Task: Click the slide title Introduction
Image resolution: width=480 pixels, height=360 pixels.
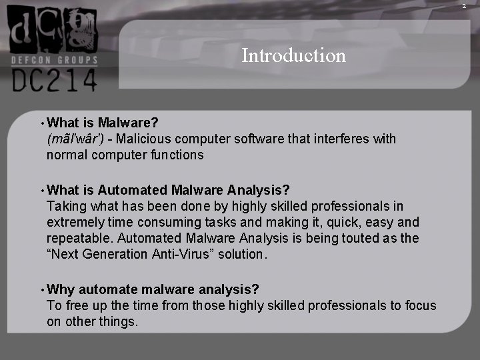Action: [293, 55]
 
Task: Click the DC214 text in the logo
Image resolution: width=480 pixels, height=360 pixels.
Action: [54, 80]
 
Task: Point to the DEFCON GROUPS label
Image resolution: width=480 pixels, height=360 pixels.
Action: [54, 60]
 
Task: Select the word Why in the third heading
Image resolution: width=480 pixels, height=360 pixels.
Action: [61, 289]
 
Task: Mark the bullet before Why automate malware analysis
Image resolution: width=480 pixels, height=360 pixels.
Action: [42, 290]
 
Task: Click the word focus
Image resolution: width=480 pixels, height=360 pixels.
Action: [419, 305]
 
